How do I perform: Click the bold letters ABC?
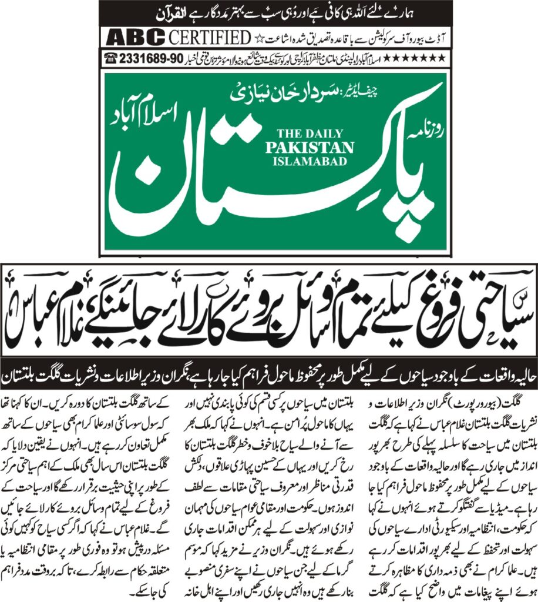pos(136,38)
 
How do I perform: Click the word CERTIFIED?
pos(210,38)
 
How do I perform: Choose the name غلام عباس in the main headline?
pos(53,310)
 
